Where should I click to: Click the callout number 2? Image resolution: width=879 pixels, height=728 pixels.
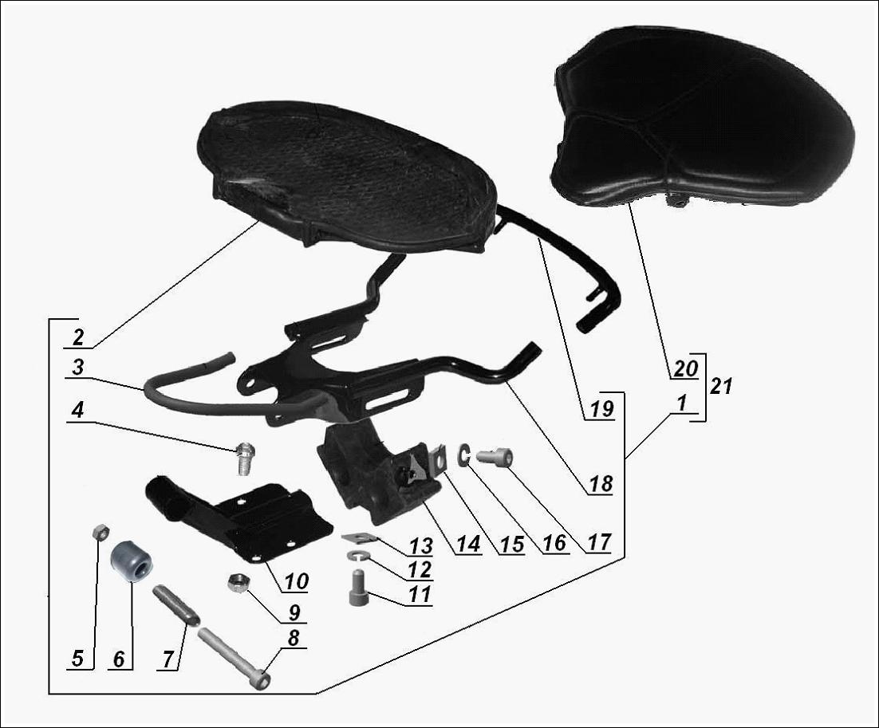coord(78,337)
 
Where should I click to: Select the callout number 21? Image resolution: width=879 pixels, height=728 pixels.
coord(721,386)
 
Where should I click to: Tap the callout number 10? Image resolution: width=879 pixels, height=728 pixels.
coord(295,581)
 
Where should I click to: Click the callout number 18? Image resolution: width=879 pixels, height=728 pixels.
coord(601,484)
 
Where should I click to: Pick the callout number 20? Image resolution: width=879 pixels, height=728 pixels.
coord(686,368)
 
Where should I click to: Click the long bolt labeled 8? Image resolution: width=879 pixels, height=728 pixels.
coord(234,659)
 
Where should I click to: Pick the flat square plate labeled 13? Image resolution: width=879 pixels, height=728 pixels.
coord(356,538)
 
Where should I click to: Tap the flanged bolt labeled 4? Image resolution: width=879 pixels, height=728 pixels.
coord(242,458)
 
